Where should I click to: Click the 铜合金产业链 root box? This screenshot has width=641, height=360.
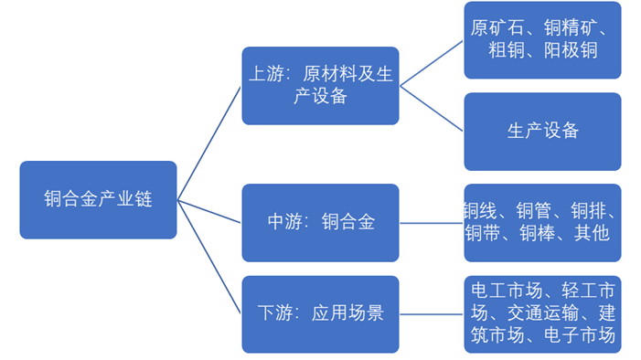[x=98, y=200]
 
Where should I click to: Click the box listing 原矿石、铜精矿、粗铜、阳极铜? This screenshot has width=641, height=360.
[x=542, y=39]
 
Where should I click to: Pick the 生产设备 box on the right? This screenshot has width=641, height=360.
[x=542, y=131]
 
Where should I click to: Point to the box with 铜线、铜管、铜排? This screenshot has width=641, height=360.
[x=542, y=222]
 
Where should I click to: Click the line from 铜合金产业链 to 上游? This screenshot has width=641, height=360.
[x=209, y=143]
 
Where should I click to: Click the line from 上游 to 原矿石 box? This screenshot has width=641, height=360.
[x=432, y=62]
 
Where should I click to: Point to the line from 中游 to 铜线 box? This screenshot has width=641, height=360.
[x=432, y=223]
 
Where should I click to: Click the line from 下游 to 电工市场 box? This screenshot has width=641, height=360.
[x=432, y=314]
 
